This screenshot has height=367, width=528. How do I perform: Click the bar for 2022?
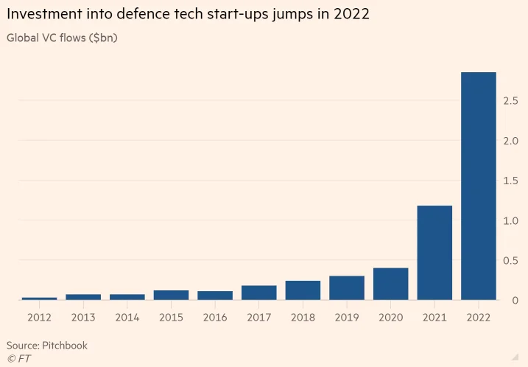pos(479,186)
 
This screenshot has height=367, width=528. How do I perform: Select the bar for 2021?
pos(434,253)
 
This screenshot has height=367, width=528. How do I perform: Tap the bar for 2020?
pos(390,284)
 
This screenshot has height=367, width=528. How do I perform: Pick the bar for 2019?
pos(347,288)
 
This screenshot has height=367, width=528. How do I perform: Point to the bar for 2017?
pos(259,293)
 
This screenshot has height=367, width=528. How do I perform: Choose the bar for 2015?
pos(171,295)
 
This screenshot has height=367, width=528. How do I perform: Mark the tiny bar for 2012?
pos(40,298)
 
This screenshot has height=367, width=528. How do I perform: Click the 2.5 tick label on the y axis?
pos(510,101)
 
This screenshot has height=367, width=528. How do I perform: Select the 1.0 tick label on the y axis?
pos(510,221)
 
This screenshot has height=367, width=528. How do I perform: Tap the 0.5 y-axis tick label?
pos(510,260)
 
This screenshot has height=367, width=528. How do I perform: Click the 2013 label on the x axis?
pos(83,318)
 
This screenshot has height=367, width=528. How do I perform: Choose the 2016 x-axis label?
pos(215,318)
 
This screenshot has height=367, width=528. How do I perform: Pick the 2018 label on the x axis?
pos(303,318)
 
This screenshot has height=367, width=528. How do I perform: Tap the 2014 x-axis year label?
pos(127,318)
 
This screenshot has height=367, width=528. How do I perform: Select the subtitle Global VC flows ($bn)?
pos(62,38)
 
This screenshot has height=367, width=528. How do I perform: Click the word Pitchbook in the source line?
pos(65,346)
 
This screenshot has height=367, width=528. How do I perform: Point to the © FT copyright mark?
pos(19,359)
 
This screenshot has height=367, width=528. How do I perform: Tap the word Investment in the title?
pos(44,14)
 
